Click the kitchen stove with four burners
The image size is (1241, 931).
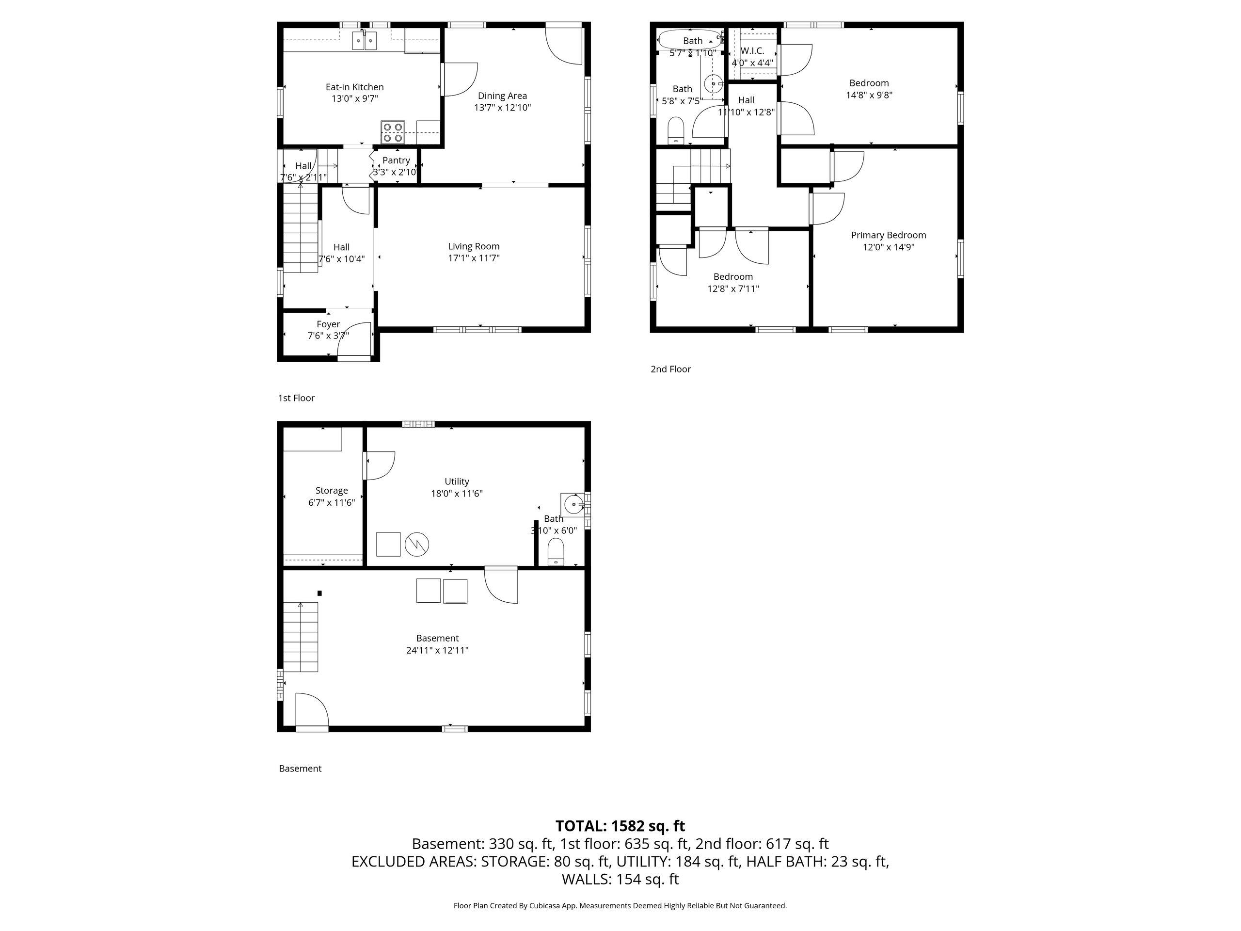click(x=393, y=132)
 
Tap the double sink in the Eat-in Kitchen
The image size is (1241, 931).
click(x=365, y=41)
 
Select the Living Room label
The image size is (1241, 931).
click(x=474, y=246)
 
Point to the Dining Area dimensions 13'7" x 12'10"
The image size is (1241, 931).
click(x=503, y=108)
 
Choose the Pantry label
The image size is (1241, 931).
click(x=396, y=161)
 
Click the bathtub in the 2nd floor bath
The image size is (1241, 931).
click(x=689, y=40)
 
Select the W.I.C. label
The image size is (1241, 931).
click(x=752, y=50)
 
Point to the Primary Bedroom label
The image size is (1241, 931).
click(x=889, y=235)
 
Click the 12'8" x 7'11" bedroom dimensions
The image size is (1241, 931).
click(x=733, y=289)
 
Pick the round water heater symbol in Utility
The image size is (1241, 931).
click(x=417, y=544)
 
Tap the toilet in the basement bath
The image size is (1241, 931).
click(x=556, y=552)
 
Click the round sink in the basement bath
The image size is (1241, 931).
click(x=574, y=504)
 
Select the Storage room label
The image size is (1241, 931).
click(x=332, y=491)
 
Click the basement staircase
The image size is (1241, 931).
click(x=301, y=637)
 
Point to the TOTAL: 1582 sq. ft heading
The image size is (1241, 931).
click(x=620, y=826)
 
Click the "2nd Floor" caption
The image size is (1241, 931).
click(x=671, y=369)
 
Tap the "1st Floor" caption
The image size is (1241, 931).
click(x=296, y=398)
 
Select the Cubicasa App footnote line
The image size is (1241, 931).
click(x=620, y=906)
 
